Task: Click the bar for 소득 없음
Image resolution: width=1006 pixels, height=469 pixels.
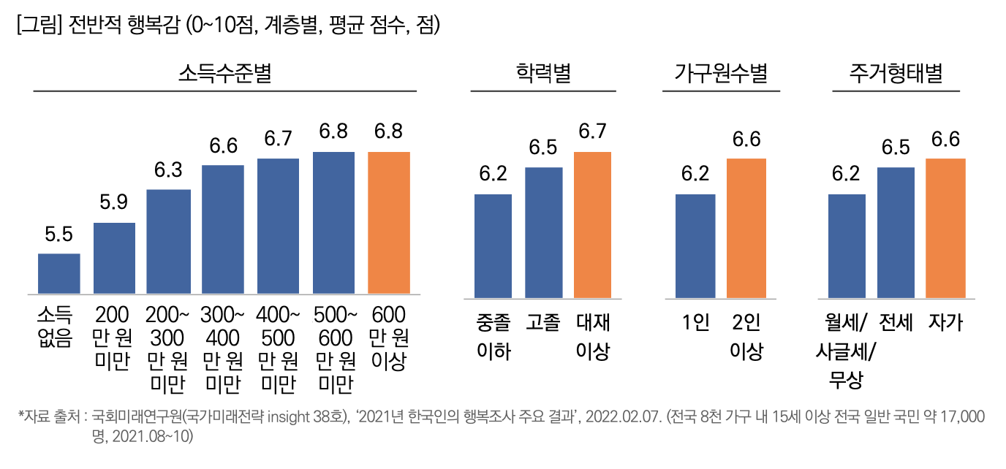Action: click(x=59, y=274)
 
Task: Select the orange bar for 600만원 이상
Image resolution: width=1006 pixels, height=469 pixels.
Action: click(x=389, y=223)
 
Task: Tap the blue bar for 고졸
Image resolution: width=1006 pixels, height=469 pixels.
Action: click(x=544, y=232)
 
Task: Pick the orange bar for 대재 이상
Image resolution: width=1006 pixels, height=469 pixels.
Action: click(x=592, y=224)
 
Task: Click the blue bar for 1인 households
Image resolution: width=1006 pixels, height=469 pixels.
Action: click(x=695, y=245)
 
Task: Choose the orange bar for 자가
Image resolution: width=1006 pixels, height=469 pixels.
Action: click(x=945, y=228)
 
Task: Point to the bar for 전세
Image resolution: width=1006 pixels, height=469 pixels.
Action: click(x=896, y=232)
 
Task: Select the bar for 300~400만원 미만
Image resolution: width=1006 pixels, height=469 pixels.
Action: click(x=223, y=229)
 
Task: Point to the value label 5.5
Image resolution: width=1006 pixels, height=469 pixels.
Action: click(x=58, y=235)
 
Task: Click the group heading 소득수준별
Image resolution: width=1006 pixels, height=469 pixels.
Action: click(x=225, y=74)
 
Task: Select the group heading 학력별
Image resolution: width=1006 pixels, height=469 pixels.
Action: click(x=542, y=74)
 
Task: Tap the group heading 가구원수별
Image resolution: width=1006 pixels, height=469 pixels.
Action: click(x=721, y=74)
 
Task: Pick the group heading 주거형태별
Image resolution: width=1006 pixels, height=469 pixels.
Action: click(x=896, y=74)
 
